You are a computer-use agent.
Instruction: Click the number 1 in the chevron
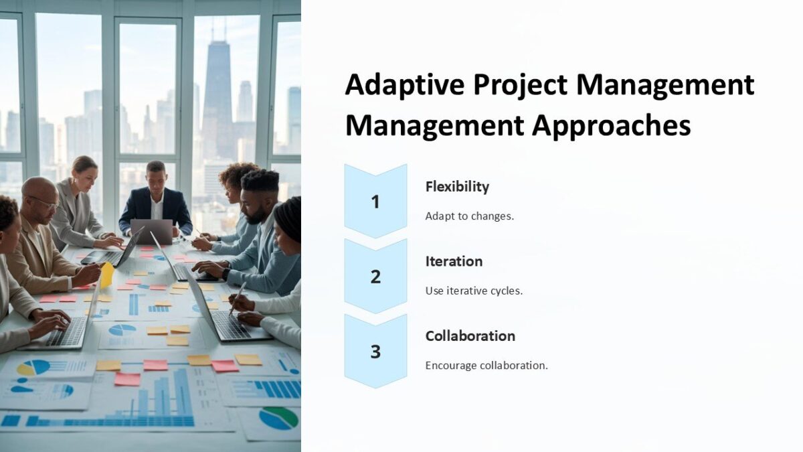[x=375, y=201]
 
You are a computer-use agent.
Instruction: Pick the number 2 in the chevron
[x=375, y=276]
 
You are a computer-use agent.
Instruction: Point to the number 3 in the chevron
[x=375, y=351]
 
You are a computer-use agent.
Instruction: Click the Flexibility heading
[x=457, y=187]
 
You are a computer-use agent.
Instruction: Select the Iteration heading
[x=454, y=261]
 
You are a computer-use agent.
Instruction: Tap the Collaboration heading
[x=470, y=336]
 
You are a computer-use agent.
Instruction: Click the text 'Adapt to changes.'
[x=469, y=216]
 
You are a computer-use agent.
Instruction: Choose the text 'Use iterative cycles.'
[x=474, y=291]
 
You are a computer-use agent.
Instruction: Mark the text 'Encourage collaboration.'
[x=486, y=366]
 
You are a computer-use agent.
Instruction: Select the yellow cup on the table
[x=106, y=275]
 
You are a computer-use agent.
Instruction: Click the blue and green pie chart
[x=278, y=418]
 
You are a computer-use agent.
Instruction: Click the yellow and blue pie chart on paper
[x=33, y=368]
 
